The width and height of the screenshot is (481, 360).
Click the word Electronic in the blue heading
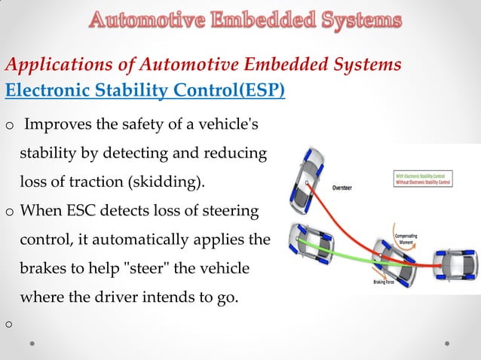[x=40, y=91]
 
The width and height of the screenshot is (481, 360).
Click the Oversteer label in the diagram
[x=346, y=182]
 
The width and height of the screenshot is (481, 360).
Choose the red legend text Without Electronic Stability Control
[x=426, y=182]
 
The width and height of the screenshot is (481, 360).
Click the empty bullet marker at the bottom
[x=10, y=325]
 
